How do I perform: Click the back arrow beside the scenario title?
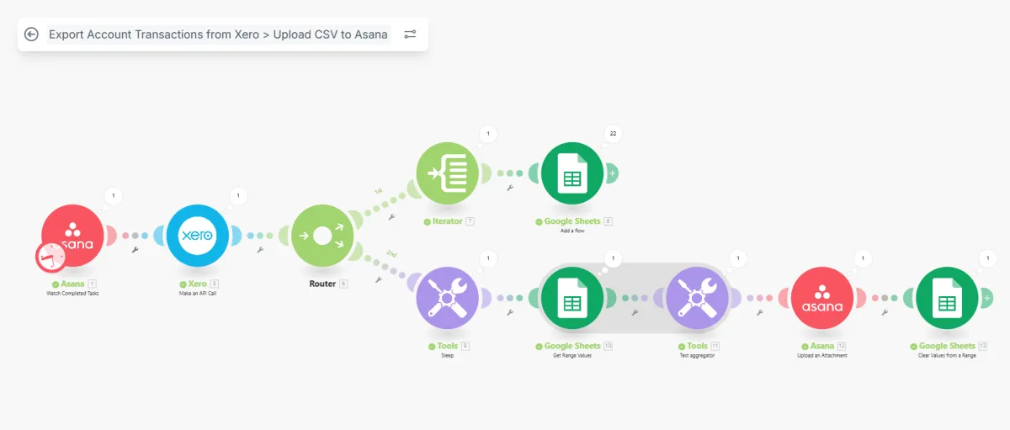(32, 35)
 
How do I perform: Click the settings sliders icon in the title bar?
(410, 35)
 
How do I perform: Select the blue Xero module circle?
(198, 236)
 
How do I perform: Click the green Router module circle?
(322, 236)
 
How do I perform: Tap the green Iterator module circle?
(447, 173)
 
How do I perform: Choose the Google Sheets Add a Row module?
(572, 173)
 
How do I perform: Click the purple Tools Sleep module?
(447, 298)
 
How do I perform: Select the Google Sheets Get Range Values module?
(572, 298)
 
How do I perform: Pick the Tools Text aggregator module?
(697, 298)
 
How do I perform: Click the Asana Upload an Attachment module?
(821, 298)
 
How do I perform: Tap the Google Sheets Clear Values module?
(946, 298)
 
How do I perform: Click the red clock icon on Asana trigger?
(50, 257)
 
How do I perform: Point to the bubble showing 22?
(612, 134)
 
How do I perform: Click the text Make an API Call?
(198, 293)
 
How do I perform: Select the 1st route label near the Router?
(379, 192)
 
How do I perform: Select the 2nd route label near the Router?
(391, 252)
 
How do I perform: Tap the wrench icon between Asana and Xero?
(135, 250)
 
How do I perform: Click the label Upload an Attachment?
(821, 355)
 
